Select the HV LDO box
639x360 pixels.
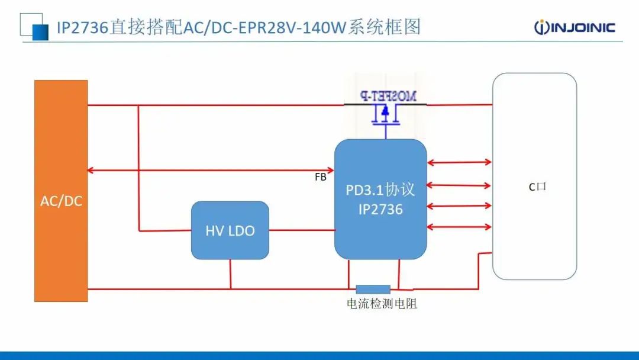point(230,230)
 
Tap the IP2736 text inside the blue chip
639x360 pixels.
point(380,209)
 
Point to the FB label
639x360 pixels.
point(320,176)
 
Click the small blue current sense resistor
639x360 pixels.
point(373,289)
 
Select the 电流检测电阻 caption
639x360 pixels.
point(382,304)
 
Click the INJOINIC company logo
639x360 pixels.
point(575,27)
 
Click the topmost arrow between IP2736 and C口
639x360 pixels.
point(459,162)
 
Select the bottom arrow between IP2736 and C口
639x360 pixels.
point(459,227)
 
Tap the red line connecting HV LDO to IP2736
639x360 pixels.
point(302,230)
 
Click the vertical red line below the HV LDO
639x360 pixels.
point(230,274)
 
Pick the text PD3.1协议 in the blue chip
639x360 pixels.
point(380,189)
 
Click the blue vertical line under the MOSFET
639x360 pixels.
point(386,132)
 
